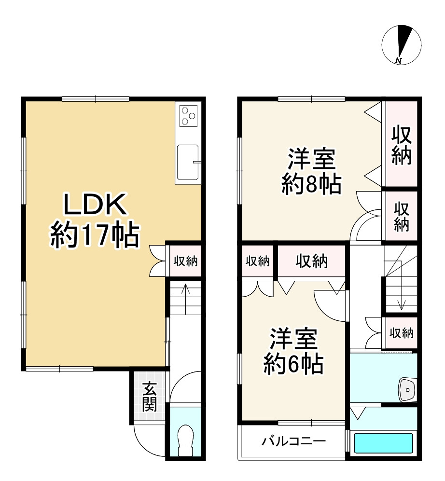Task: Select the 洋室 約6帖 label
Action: (x=293, y=351)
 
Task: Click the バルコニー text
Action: (x=293, y=441)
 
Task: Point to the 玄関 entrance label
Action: (x=150, y=397)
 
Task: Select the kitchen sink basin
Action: (x=188, y=162)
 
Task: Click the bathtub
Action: (x=383, y=442)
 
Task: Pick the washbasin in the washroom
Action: (x=407, y=390)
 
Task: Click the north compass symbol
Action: (x=402, y=45)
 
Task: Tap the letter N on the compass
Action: (x=398, y=60)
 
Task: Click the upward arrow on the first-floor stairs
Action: (x=185, y=299)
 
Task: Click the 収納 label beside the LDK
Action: (x=185, y=261)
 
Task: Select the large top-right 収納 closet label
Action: (x=401, y=145)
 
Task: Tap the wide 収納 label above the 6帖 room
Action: (x=311, y=261)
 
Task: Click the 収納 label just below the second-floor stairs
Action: (x=402, y=333)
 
